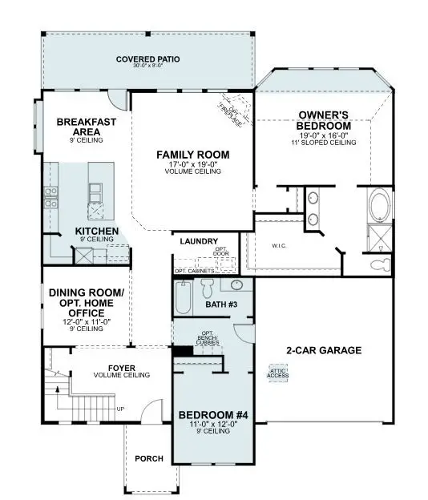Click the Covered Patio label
[147, 59]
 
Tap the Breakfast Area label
[86, 127]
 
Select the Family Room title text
[193, 155]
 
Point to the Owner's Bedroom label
[324, 120]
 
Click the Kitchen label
[97, 232]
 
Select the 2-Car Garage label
[325, 350]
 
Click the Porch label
[150, 458]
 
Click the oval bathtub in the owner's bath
[380, 205]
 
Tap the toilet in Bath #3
[207, 287]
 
